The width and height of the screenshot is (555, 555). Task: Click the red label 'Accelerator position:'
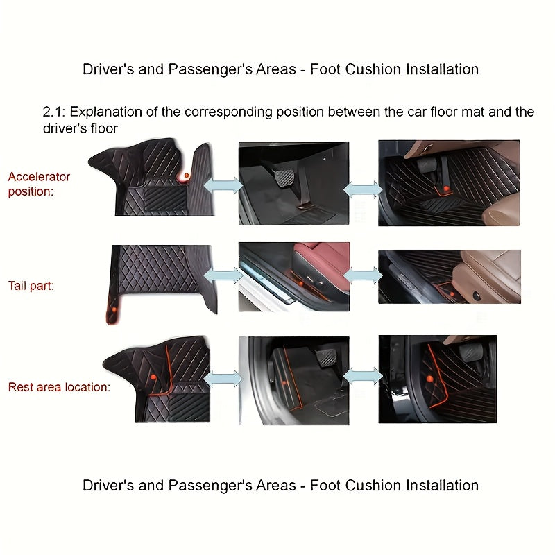pos(40,184)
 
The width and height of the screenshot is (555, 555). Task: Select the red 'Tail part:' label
pos(31,284)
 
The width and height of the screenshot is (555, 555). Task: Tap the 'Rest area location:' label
pos(59,387)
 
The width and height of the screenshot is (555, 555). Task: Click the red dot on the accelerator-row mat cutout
pos(185,176)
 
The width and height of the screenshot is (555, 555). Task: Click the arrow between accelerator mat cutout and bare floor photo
pos(223,185)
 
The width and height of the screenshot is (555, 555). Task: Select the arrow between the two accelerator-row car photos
pos(363,187)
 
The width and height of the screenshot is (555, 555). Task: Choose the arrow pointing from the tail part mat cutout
pos(224,275)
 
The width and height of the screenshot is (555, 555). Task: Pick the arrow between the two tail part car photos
pos(363,275)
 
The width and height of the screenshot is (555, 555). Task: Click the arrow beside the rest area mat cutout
pos(223,379)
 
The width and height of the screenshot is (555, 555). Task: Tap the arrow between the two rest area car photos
pos(363,377)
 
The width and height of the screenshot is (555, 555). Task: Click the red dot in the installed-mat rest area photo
pos(429,379)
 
